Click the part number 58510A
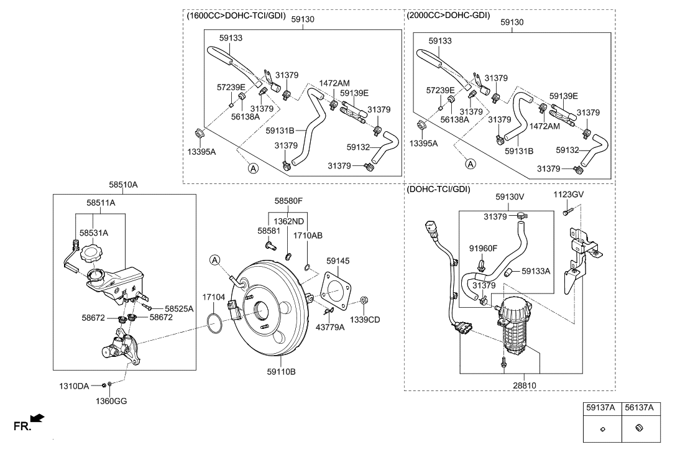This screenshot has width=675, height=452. (x=123, y=185)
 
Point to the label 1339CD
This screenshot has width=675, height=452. (x=365, y=320)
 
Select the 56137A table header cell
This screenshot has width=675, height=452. (x=640, y=408)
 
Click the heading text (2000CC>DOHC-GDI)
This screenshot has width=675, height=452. (x=448, y=15)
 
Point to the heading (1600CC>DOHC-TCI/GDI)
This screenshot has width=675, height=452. (x=236, y=16)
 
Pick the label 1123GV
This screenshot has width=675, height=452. (x=568, y=195)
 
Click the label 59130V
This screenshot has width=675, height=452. (x=510, y=196)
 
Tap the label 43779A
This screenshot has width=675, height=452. (x=330, y=327)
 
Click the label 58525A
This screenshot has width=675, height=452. (x=179, y=308)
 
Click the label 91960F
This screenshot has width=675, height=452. (x=483, y=248)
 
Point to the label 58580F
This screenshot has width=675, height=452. (x=288, y=200)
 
